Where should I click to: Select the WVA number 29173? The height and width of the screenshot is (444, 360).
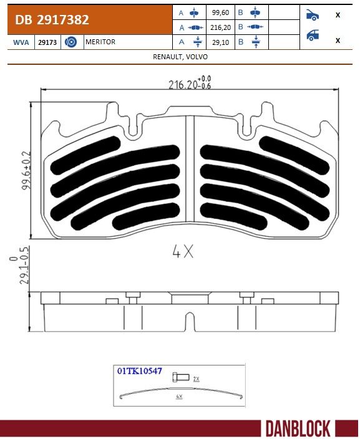45,42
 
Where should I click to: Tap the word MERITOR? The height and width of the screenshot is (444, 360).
100,42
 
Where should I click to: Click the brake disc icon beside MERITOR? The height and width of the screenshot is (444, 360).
71,42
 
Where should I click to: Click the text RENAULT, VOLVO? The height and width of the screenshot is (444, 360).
180,57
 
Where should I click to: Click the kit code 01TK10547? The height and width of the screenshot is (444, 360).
139,370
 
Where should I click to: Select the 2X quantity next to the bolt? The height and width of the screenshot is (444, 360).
196,379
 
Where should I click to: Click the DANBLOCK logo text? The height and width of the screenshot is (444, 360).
297,428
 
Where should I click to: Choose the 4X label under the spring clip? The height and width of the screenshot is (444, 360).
179,397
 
